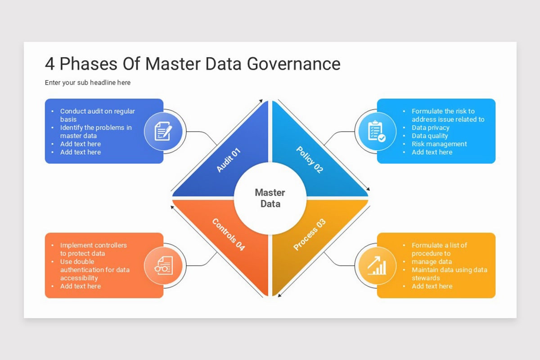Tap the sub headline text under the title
(x=88, y=82)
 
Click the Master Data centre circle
(x=270, y=198)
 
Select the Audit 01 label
(x=229, y=160)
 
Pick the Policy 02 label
(x=310, y=160)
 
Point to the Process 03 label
(x=309, y=234)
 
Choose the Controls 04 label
(x=228, y=234)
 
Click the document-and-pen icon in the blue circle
(x=163, y=131)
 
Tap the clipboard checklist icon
(x=376, y=131)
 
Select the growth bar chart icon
(x=376, y=265)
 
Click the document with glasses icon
(x=163, y=265)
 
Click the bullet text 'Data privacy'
(x=430, y=127)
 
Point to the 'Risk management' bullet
(x=439, y=144)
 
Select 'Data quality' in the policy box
(x=430, y=136)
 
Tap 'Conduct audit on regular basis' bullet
(x=97, y=115)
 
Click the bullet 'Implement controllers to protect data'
(x=94, y=249)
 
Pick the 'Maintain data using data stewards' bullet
(x=449, y=274)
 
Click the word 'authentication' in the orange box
(x=81, y=270)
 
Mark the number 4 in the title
(x=49, y=64)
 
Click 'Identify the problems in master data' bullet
(x=96, y=131)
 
